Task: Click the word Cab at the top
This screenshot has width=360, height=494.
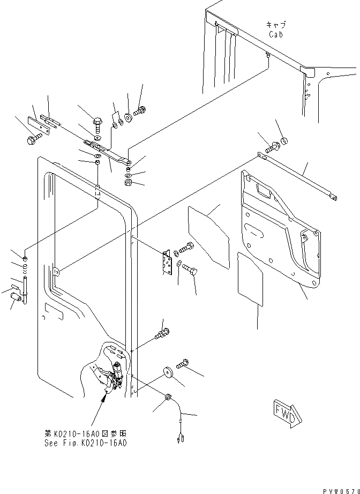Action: click(276, 34)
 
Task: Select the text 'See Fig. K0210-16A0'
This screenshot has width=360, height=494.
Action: click(86, 443)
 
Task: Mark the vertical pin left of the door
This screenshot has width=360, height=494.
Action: click(25, 283)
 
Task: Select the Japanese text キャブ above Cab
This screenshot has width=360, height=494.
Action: click(276, 25)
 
